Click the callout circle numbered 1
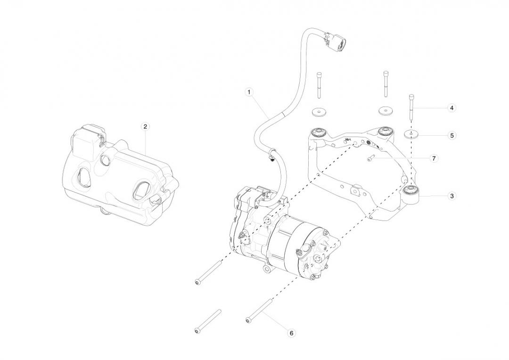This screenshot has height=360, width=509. tap(249, 92)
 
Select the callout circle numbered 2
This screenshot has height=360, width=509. tap(145, 126)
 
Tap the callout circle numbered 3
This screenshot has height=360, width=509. tap(452, 196)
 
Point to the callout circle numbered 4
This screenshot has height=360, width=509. tap(452, 108)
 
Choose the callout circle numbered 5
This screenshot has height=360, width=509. tap(452, 135)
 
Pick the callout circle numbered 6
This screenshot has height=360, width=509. tap(291, 333)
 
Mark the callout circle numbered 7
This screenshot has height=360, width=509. tap(434, 158)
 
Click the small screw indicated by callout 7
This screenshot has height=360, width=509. tap(371, 159)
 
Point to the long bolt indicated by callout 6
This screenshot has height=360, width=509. tap(259, 311)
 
